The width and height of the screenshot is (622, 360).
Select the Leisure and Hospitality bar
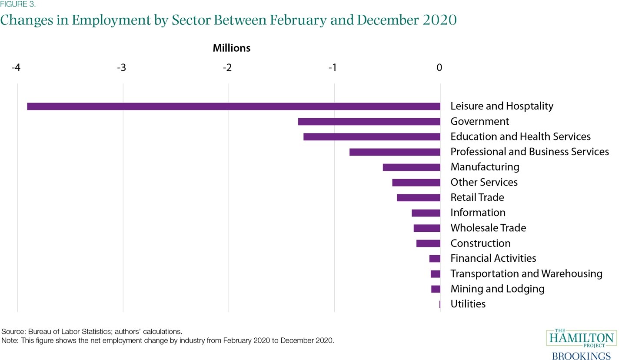pos(233,106)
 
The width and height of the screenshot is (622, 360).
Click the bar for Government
pos(369,121)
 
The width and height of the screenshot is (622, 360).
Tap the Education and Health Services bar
pos(372,137)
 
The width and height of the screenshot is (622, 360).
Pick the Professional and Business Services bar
pos(395,152)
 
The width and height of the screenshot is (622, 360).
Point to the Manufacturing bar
pos(411,167)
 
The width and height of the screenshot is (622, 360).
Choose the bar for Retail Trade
pos(418,197)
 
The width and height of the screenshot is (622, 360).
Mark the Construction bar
pos(428,243)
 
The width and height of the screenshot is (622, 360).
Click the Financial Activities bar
pos(435,258)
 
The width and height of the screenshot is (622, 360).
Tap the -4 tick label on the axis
pos(16,67)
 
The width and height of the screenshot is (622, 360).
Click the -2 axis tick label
pos(227,67)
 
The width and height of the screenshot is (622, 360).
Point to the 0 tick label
pos(439,67)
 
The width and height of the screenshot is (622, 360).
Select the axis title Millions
pos(231,48)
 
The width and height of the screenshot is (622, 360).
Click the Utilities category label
pos(468,304)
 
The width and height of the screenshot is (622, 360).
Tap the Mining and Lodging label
pos(497,289)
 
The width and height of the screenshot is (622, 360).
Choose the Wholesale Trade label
pos(488,228)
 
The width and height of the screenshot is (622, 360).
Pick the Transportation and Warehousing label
pos(526,273)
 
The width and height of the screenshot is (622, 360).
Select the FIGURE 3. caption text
pos(18,5)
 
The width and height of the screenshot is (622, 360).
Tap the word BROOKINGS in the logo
pos(581,356)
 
